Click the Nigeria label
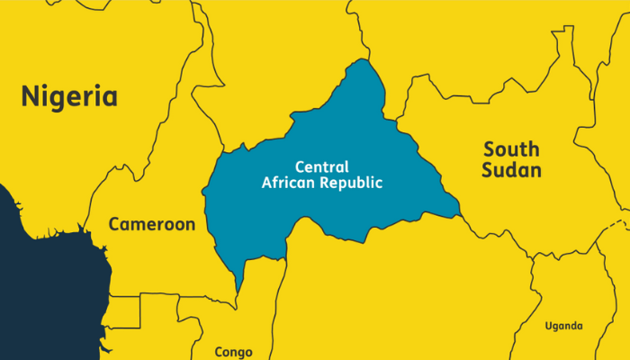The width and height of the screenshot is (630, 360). pos(70,95)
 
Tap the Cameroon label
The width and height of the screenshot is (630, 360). pos(151,224)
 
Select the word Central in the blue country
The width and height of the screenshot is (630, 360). pos(322,166)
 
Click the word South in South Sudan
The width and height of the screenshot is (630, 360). pos(511,148)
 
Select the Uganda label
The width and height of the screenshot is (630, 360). pos(563,326)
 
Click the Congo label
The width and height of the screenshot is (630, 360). pos(233,351)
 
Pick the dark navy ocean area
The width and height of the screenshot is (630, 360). pos(36,288)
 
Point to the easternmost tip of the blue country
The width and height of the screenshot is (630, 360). pos(459,215)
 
